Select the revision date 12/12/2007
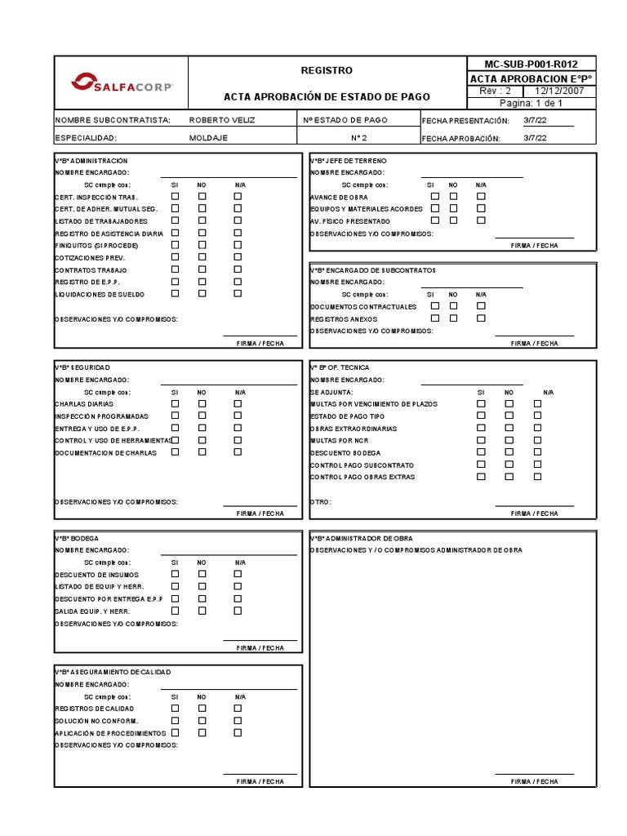point(562,91)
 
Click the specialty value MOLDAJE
point(208,138)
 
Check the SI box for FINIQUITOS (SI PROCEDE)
point(175,245)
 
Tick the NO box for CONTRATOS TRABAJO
point(202,269)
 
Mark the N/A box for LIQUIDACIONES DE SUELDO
point(238,293)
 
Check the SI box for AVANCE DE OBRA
point(435,197)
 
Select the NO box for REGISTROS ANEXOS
point(454,318)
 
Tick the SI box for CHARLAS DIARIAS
point(175,403)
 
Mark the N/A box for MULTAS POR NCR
point(537,439)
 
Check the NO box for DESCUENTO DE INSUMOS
point(202,574)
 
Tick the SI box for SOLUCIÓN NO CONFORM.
point(175,720)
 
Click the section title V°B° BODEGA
point(77,538)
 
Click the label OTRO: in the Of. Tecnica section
point(321,501)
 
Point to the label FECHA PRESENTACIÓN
point(460,120)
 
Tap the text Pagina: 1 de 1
point(531,104)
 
